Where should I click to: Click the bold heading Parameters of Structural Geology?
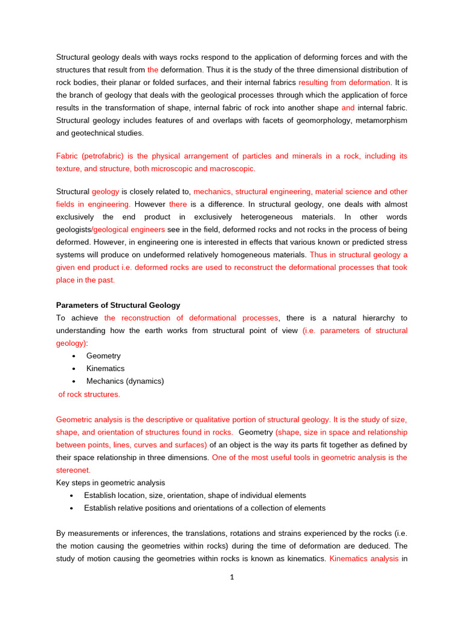(118, 305)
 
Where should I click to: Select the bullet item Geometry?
(103, 356)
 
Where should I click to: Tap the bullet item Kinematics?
(105, 369)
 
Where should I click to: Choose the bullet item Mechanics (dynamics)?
(125, 381)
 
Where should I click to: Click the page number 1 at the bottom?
(231, 577)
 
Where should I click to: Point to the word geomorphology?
(306, 121)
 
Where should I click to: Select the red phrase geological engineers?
(129, 230)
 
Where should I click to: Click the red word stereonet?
(73, 470)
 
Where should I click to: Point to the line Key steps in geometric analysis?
(111, 483)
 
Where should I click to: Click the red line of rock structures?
(89, 394)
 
